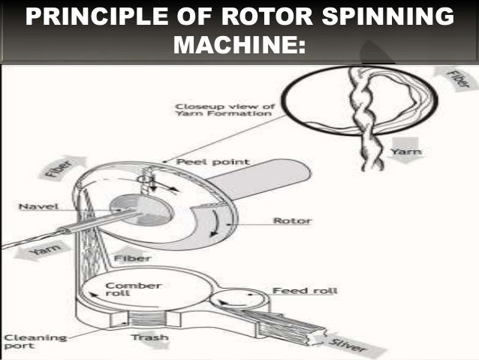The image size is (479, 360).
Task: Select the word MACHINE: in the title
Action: click(x=239, y=47)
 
